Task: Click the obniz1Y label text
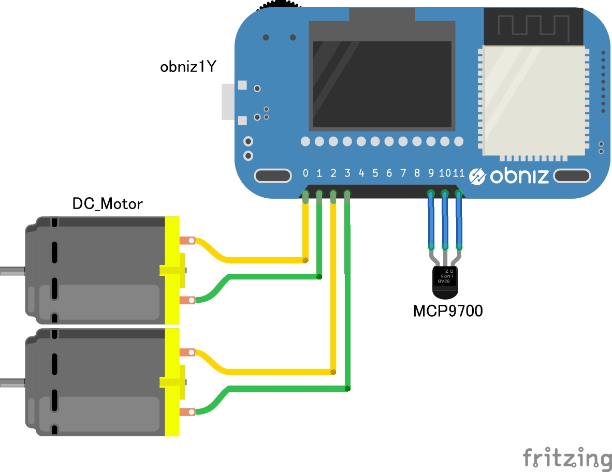188,67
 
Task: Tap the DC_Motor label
108,203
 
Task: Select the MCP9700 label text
448,311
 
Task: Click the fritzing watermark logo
567,458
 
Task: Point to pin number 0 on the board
305,173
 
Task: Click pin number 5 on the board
375,173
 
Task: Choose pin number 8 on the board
417,173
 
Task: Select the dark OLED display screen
382,84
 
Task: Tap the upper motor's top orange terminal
187,241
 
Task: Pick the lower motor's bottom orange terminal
187,412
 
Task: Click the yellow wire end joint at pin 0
305,260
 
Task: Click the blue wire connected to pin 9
431,220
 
